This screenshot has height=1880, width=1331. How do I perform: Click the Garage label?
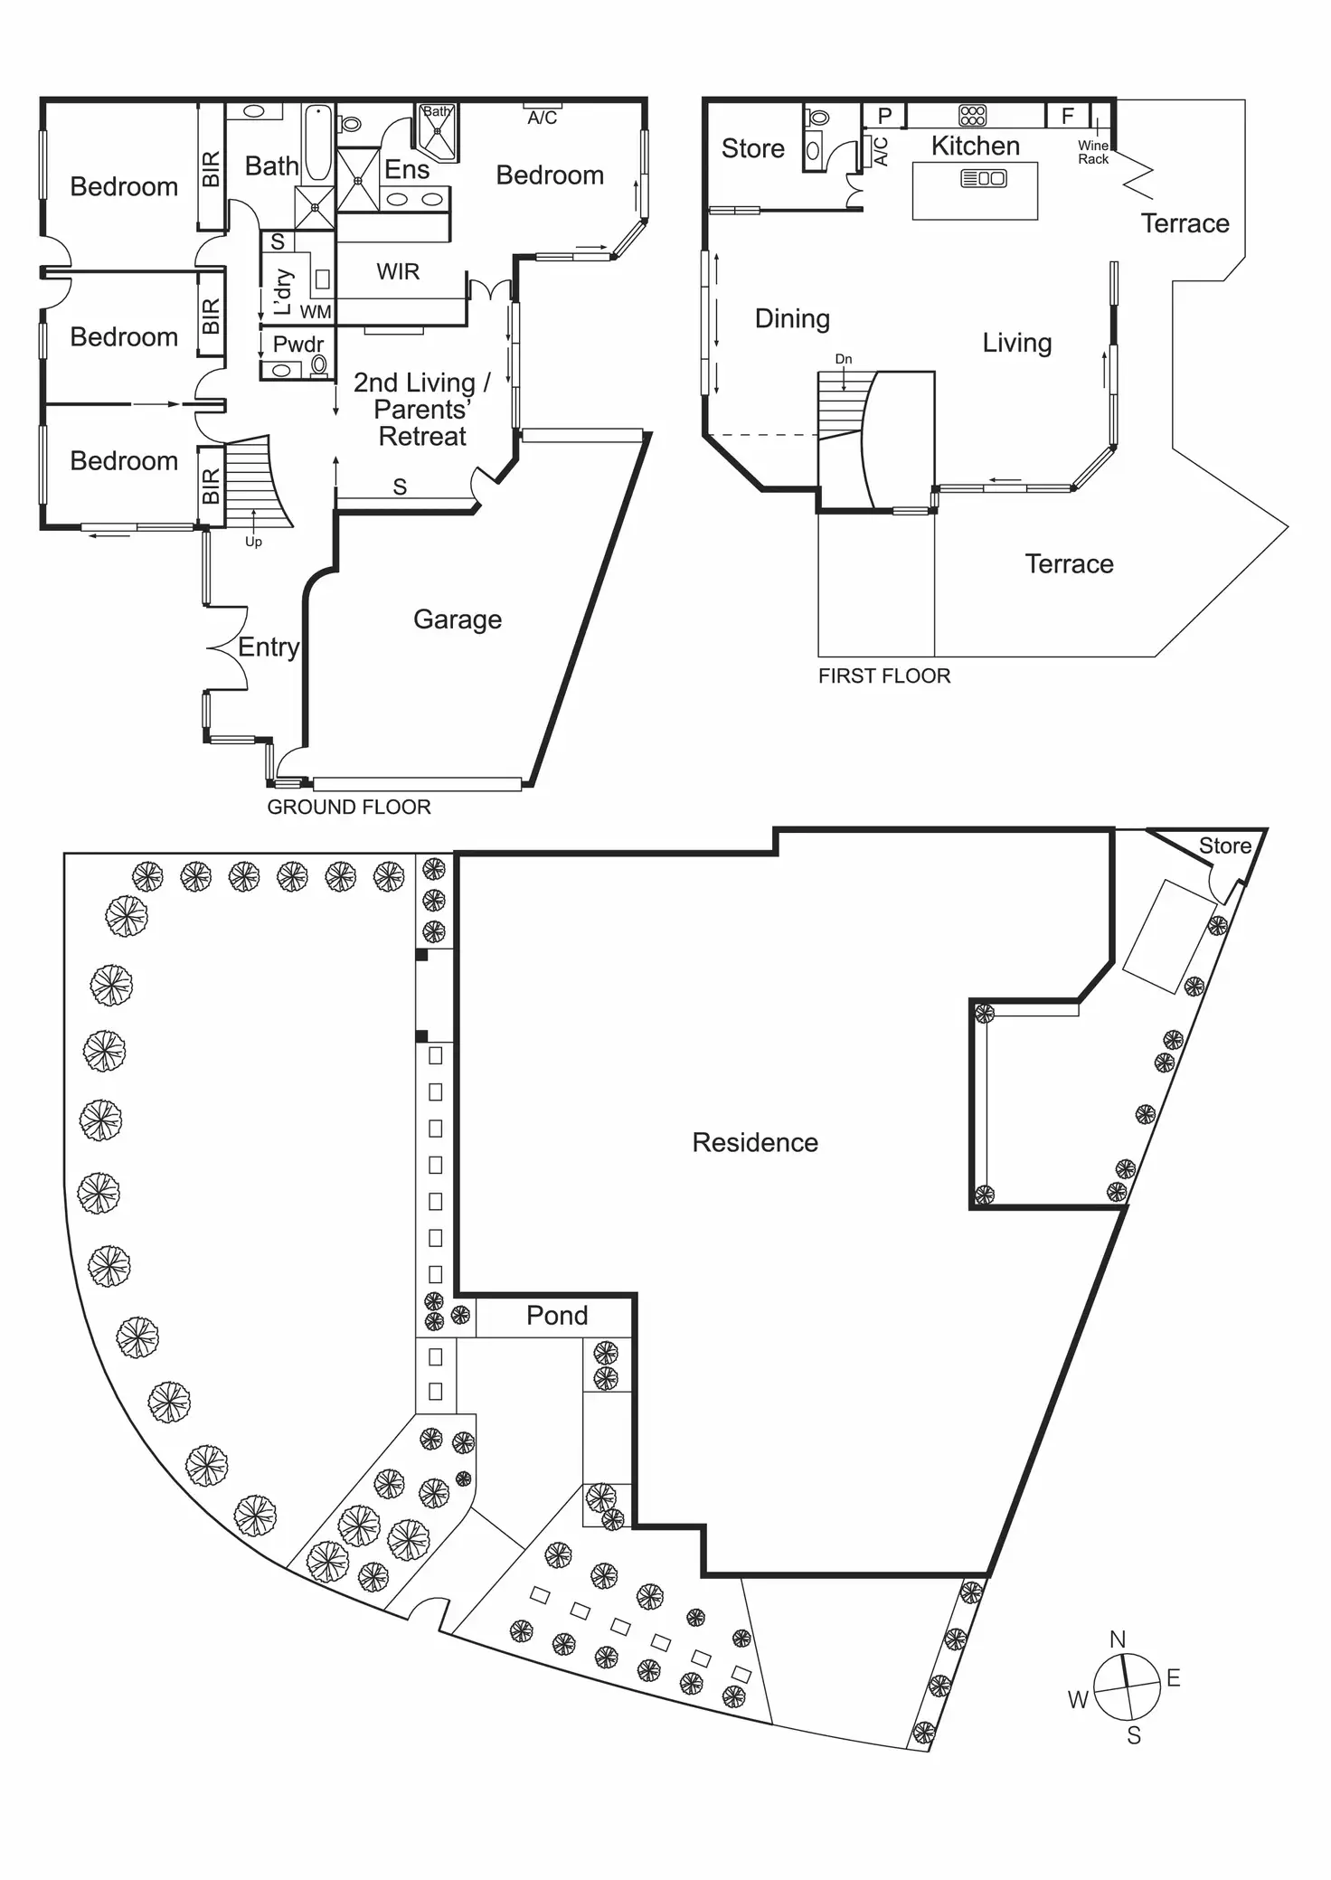[x=458, y=619]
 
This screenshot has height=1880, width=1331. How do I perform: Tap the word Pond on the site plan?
[x=557, y=1316]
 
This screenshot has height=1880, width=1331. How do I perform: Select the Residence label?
[x=755, y=1143]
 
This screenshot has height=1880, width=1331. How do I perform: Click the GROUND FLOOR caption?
[x=349, y=808]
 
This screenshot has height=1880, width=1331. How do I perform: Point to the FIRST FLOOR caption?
[x=884, y=676]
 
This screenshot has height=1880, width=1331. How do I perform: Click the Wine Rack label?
[x=1092, y=152]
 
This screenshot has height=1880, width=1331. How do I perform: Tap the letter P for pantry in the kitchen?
[x=885, y=116]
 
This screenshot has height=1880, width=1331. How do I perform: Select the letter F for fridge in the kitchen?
[x=1067, y=116]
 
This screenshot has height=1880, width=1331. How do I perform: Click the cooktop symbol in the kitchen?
[x=972, y=115]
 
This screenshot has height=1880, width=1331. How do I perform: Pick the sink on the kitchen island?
[x=983, y=178]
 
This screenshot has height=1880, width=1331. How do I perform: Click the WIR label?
[x=398, y=271]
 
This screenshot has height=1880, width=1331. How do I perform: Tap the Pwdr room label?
[x=297, y=345]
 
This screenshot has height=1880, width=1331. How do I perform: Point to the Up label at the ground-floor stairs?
[x=253, y=542]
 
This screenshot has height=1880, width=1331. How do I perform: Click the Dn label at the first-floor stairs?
[x=843, y=359]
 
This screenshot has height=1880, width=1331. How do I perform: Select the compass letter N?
[x=1118, y=1639]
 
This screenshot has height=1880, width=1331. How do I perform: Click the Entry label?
[x=269, y=647]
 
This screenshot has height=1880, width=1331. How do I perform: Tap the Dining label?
[x=792, y=318]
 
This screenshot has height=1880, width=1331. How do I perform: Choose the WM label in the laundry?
[x=316, y=313]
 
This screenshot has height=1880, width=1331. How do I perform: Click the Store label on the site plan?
[x=1224, y=846]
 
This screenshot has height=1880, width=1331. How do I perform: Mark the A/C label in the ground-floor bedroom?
[x=543, y=118]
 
